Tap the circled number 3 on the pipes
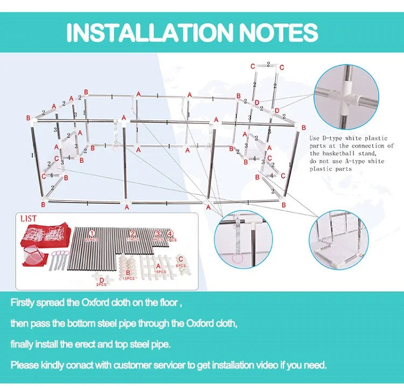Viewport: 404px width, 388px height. pos(158,234)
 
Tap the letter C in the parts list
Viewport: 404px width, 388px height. pos(181,259)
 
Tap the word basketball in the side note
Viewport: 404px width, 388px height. pos(335,153)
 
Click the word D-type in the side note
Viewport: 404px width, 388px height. pos(331,138)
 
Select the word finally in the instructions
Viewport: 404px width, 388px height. pos(24,344)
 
